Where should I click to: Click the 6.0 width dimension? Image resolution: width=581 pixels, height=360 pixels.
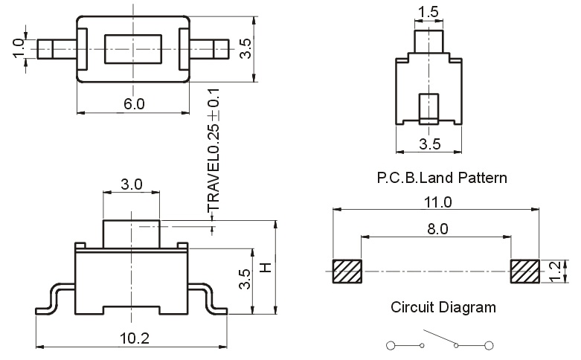[134, 104]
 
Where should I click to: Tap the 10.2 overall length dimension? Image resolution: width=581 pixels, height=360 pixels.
[134, 338]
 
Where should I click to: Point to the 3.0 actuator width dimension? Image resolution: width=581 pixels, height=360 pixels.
[131, 184]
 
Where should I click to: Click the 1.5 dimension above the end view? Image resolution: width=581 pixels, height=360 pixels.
[428, 12]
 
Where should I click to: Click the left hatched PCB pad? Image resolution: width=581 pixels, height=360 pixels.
[347, 271]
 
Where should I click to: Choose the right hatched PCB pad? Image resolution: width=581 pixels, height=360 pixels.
[527, 271]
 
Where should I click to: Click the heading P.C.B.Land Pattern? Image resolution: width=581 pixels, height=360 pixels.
[442, 179]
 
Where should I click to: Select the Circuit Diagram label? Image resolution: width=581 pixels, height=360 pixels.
[442, 306]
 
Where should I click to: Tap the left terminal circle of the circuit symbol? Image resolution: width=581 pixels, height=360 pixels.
[391, 345]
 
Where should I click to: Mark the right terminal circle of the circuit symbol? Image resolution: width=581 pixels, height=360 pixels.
[489, 345]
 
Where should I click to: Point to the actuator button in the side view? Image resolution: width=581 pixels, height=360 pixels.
[131, 232]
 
